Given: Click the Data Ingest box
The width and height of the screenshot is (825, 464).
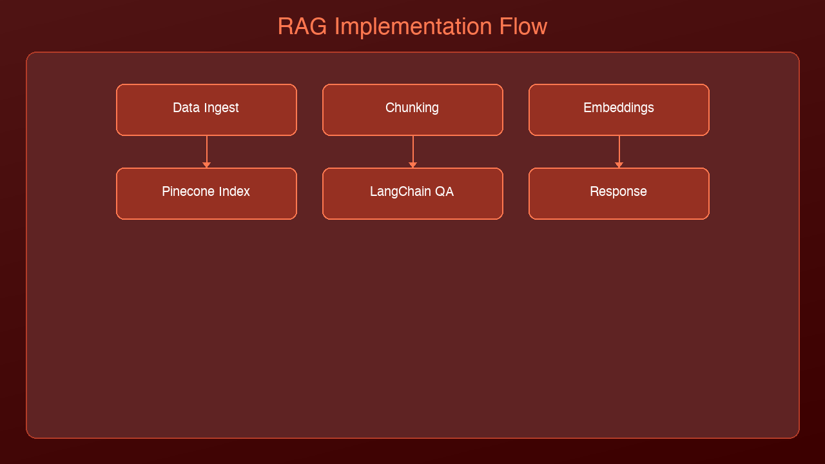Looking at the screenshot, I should coord(206,110).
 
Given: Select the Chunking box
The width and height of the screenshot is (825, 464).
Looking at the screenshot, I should coord(412,110).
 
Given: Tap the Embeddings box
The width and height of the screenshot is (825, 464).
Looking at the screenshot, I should coord(619,110).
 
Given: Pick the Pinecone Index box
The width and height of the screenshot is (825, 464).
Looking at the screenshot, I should coord(206,193).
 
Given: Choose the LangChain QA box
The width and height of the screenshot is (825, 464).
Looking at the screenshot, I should coord(412,193).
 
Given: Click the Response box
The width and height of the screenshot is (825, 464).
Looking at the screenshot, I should coord(619,193).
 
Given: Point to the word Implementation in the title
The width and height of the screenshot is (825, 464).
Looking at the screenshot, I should coord(413,27).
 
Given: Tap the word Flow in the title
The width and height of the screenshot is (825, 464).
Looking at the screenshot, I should coord(523,27).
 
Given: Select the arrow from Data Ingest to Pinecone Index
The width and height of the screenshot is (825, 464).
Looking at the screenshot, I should coord(206,150).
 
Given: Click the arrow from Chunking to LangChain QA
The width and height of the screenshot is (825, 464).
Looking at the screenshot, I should coord(412,150).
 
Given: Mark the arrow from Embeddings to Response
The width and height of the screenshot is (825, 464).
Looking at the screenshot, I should coord(619,150).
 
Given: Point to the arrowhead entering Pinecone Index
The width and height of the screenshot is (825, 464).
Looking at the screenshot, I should coord(206,165).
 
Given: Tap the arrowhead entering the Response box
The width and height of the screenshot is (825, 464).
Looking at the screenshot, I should coord(619,165).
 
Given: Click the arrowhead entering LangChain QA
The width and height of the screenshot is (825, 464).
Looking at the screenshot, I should coord(412,165).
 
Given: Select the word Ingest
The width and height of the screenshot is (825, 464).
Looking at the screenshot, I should coord(222,108).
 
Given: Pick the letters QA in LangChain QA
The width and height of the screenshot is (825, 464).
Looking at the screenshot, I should coord(445,192).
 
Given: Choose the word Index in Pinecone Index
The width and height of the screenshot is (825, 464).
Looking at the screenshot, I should coord(233,192).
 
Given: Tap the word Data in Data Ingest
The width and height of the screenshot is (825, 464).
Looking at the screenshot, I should coord(186,108).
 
